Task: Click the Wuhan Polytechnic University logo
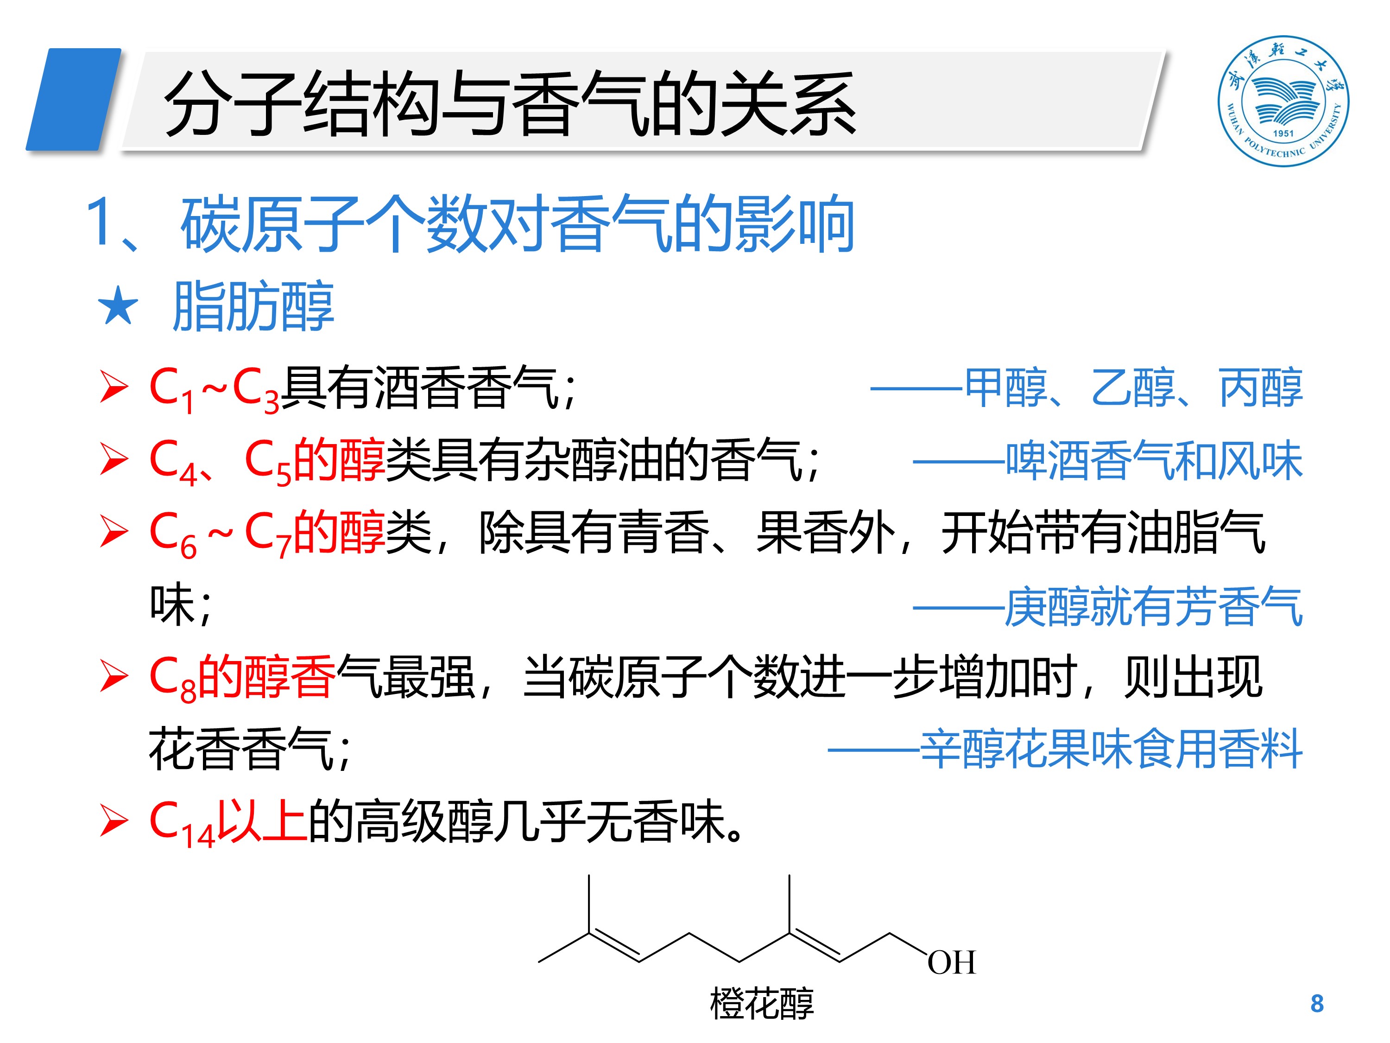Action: point(1283,101)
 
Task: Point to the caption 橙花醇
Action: point(762,1004)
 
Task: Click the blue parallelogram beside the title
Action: point(74,99)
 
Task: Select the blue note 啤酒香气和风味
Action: point(1154,461)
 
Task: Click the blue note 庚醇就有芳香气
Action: point(1154,607)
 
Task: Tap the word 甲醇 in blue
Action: point(1005,388)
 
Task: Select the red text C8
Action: point(171,679)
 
